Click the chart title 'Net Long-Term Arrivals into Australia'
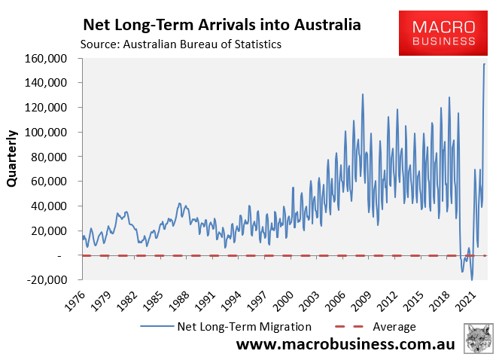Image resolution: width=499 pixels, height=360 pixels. coord(222,25)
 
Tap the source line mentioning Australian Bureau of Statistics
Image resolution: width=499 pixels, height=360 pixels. coord(180,44)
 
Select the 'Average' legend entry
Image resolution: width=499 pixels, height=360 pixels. coord(394,326)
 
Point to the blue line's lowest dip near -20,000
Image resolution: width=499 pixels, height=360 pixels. coord(473,280)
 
